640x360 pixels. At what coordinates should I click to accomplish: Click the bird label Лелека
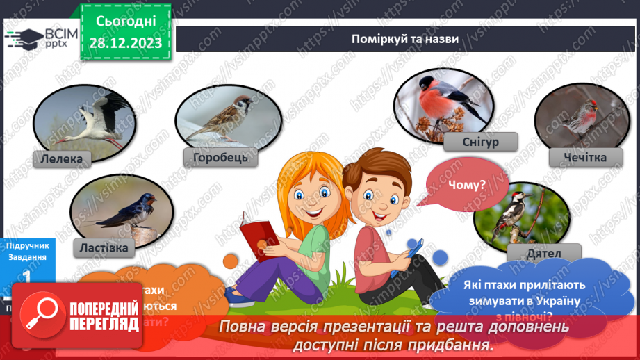tap(61, 158)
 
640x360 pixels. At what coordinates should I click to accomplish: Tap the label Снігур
tap(479, 142)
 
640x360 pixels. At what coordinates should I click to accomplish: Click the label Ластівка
tap(104, 247)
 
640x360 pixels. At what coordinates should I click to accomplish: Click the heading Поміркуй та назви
tap(404, 39)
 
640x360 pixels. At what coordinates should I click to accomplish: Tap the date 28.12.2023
tap(124, 43)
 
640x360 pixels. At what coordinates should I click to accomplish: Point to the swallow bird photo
tap(115, 210)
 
